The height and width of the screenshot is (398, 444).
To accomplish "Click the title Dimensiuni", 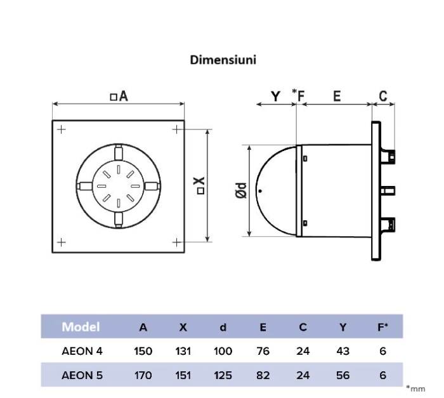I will (x=223, y=60).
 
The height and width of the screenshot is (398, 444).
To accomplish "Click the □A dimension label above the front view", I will (x=119, y=96).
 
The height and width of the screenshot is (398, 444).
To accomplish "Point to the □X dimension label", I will (x=200, y=185).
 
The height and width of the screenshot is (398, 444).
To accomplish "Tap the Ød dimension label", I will (x=242, y=190).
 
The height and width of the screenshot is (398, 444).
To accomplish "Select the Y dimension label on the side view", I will (x=276, y=96).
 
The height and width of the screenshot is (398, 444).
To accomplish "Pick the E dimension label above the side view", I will (x=337, y=96).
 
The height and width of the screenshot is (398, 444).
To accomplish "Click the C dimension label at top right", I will (x=383, y=96).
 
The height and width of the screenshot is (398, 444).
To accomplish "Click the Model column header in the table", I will (x=81, y=328).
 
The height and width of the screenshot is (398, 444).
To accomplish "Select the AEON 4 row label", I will (x=82, y=351).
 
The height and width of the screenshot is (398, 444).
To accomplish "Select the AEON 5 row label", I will (x=82, y=375).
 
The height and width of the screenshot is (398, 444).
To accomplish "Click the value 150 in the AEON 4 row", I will (x=143, y=351).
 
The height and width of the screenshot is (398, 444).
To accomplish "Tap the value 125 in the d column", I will (x=223, y=375).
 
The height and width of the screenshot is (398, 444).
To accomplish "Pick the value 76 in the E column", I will (x=263, y=351).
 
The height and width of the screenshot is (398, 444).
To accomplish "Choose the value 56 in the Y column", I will (x=343, y=375).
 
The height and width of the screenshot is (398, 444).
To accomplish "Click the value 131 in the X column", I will (x=183, y=351).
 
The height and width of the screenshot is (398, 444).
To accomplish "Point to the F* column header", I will (x=382, y=328).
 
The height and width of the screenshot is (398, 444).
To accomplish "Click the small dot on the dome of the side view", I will (x=259, y=190).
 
